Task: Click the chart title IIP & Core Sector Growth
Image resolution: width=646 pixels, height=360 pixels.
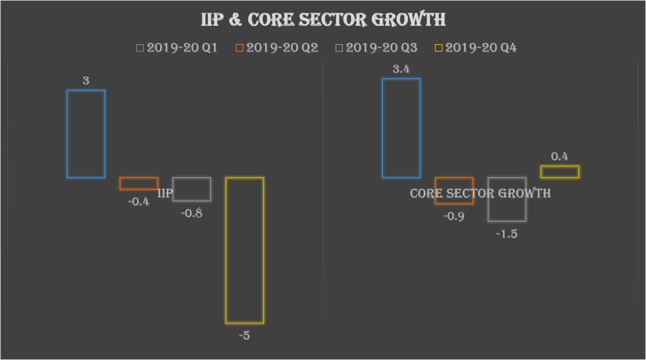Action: point(323,20)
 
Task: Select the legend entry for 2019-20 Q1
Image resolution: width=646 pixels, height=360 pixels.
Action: point(177,47)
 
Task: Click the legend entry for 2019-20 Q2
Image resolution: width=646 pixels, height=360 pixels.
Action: point(277,47)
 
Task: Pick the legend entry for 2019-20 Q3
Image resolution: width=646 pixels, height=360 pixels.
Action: point(376,47)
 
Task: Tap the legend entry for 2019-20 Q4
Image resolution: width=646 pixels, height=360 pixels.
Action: point(476,47)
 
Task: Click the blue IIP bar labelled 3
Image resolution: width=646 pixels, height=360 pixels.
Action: point(86,133)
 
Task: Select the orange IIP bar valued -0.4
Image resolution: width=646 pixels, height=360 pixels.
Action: point(139,183)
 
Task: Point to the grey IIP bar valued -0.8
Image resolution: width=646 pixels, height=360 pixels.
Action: point(192,189)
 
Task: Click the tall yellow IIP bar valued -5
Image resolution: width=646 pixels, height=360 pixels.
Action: point(244,250)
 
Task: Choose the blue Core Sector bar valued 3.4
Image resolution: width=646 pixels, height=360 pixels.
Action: point(401,128)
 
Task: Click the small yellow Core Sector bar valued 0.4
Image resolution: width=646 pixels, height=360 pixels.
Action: point(559,172)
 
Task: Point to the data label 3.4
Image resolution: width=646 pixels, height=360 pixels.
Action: point(401,69)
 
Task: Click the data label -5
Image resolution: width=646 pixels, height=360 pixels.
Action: point(244,335)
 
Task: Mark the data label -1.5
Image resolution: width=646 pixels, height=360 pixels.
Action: point(506,234)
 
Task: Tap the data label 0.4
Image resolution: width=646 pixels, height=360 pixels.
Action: point(559,157)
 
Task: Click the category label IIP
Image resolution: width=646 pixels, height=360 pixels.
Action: point(165,193)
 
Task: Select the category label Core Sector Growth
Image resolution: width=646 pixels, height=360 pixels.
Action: point(480,193)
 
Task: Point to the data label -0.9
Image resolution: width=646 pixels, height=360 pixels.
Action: point(454,216)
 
